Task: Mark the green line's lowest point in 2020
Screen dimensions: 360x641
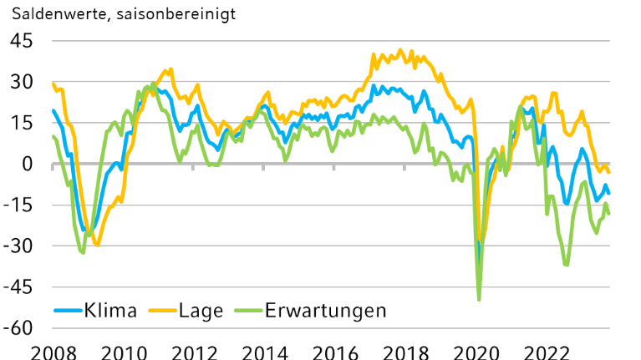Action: [x=479, y=299]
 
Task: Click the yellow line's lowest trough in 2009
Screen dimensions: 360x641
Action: [x=97, y=245]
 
